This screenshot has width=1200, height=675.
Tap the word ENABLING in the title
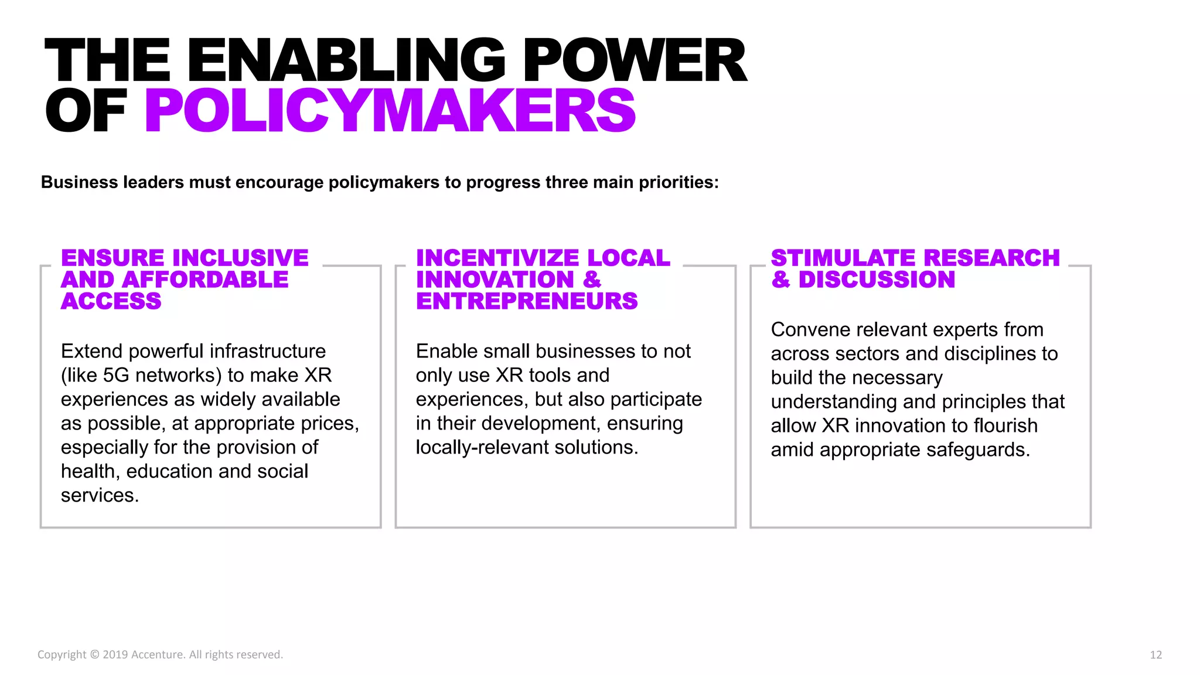(346, 60)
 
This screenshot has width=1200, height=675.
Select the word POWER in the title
(635, 60)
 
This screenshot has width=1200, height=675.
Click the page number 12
(1155, 654)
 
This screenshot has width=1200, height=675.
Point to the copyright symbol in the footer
(94, 654)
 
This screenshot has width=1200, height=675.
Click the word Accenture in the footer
(157, 654)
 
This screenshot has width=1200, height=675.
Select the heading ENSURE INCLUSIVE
(185, 258)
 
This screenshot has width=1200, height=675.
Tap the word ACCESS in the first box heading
(111, 301)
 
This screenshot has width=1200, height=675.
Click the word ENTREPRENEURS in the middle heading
(526, 301)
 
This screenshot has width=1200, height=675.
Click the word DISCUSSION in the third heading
(877, 279)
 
